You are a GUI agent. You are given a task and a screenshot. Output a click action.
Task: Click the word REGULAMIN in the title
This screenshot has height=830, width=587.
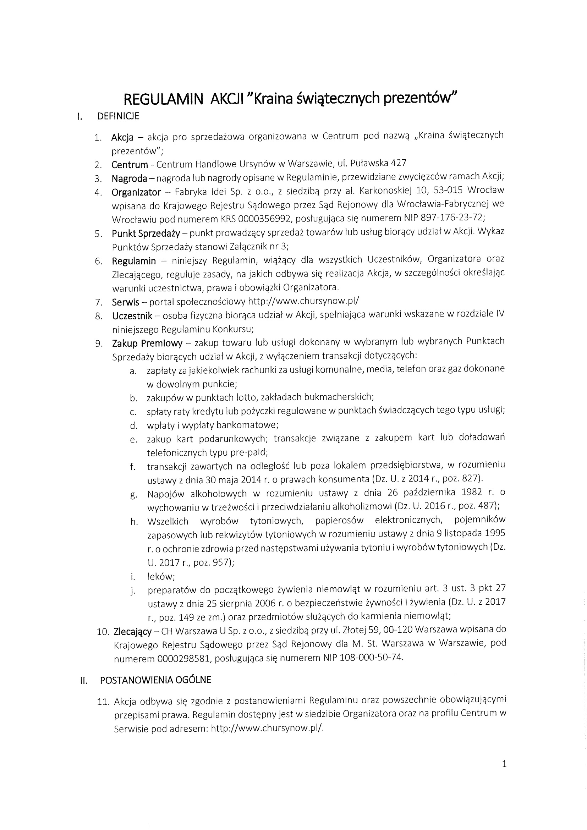164,99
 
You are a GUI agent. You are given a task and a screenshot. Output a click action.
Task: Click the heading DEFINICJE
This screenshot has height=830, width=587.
118,116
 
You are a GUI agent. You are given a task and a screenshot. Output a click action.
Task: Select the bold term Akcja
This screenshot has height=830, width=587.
122,137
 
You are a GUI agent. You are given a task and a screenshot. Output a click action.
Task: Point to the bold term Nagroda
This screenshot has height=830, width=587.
129,178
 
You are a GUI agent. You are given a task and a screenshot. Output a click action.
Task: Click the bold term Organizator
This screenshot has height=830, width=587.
136,192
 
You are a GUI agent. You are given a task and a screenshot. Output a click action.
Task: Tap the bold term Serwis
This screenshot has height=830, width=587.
125,302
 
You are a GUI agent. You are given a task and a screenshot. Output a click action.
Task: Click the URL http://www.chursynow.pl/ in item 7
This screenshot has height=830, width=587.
304,301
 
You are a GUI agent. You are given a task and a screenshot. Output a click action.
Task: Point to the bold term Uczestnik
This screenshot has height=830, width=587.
132,315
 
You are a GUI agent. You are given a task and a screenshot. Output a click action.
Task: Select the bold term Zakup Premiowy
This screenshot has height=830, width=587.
147,343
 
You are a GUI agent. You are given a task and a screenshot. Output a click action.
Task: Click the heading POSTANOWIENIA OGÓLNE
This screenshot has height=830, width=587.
155,680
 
